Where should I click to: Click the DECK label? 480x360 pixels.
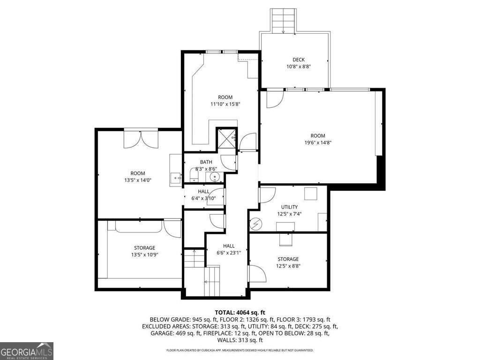click(299, 60)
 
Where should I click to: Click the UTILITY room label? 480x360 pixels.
click(289, 207)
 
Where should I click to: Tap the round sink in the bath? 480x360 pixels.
click(215, 177)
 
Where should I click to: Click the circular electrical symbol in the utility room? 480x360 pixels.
click(255, 225)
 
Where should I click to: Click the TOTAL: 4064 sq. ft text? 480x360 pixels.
click(240, 312)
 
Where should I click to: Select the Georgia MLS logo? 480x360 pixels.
click(27, 351)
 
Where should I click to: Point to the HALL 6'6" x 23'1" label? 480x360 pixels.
click(228, 249)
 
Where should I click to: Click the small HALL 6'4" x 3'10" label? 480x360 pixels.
click(203, 195)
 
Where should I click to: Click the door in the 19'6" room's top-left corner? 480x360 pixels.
click(275, 99)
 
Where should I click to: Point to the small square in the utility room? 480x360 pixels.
click(310, 194)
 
